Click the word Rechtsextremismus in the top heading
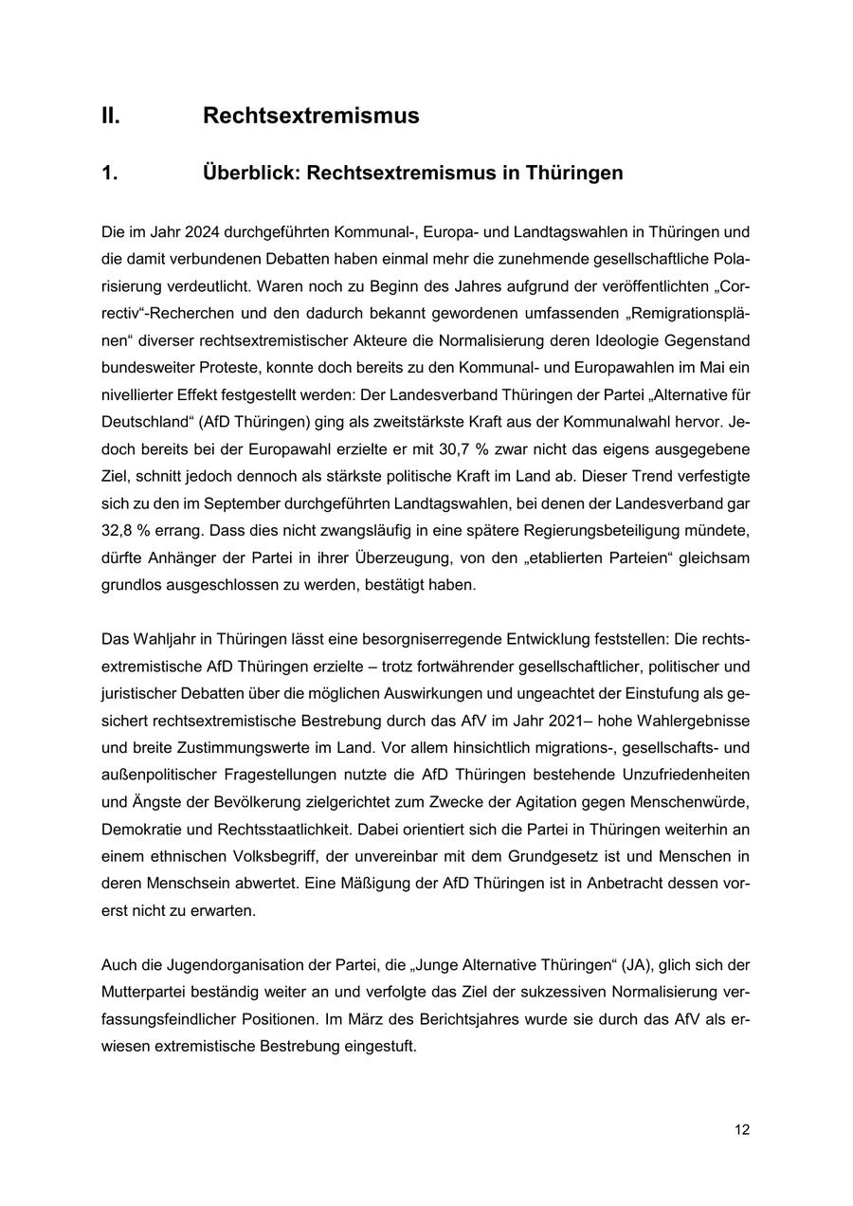[x=311, y=116]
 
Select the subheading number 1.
[x=109, y=174]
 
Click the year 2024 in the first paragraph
[x=202, y=232]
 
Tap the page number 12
[x=742, y=1129]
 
